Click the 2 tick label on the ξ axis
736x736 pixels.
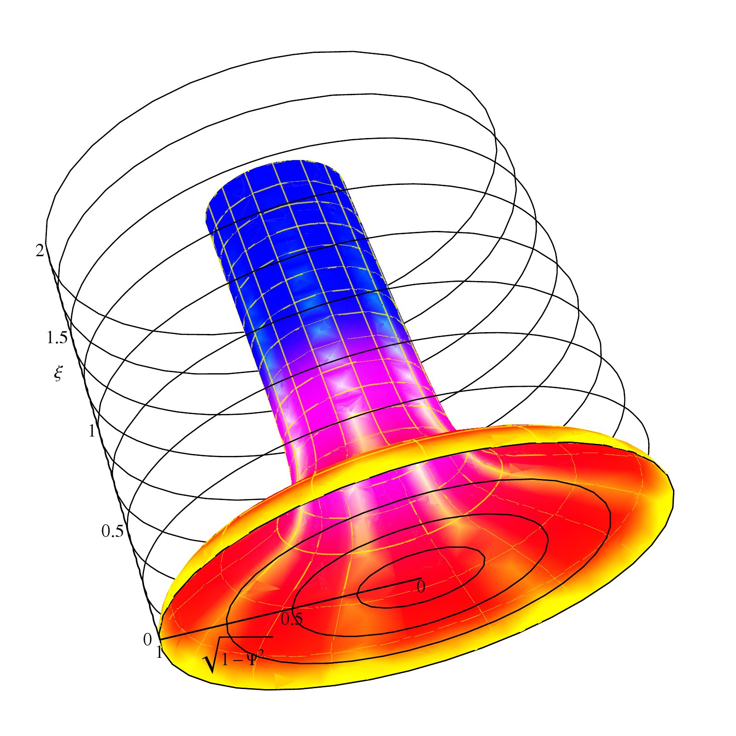pyautogui.click(x=40, y=250)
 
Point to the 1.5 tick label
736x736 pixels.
pyautogui.click(x=57, y=338)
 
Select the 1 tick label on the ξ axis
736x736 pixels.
pyautogui.click(x=92, y=431)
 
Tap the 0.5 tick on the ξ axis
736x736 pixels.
pyautogui.click(x=113, y=531)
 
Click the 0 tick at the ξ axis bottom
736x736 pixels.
pyautogui.click(x=147, y=640)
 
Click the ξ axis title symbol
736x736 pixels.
pyautogui.click(x=57, y=374)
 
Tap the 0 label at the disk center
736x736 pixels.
pyautogui.click(x=420, y=586)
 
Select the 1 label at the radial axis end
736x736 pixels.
pyautogui.click(x=159, y=653)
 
